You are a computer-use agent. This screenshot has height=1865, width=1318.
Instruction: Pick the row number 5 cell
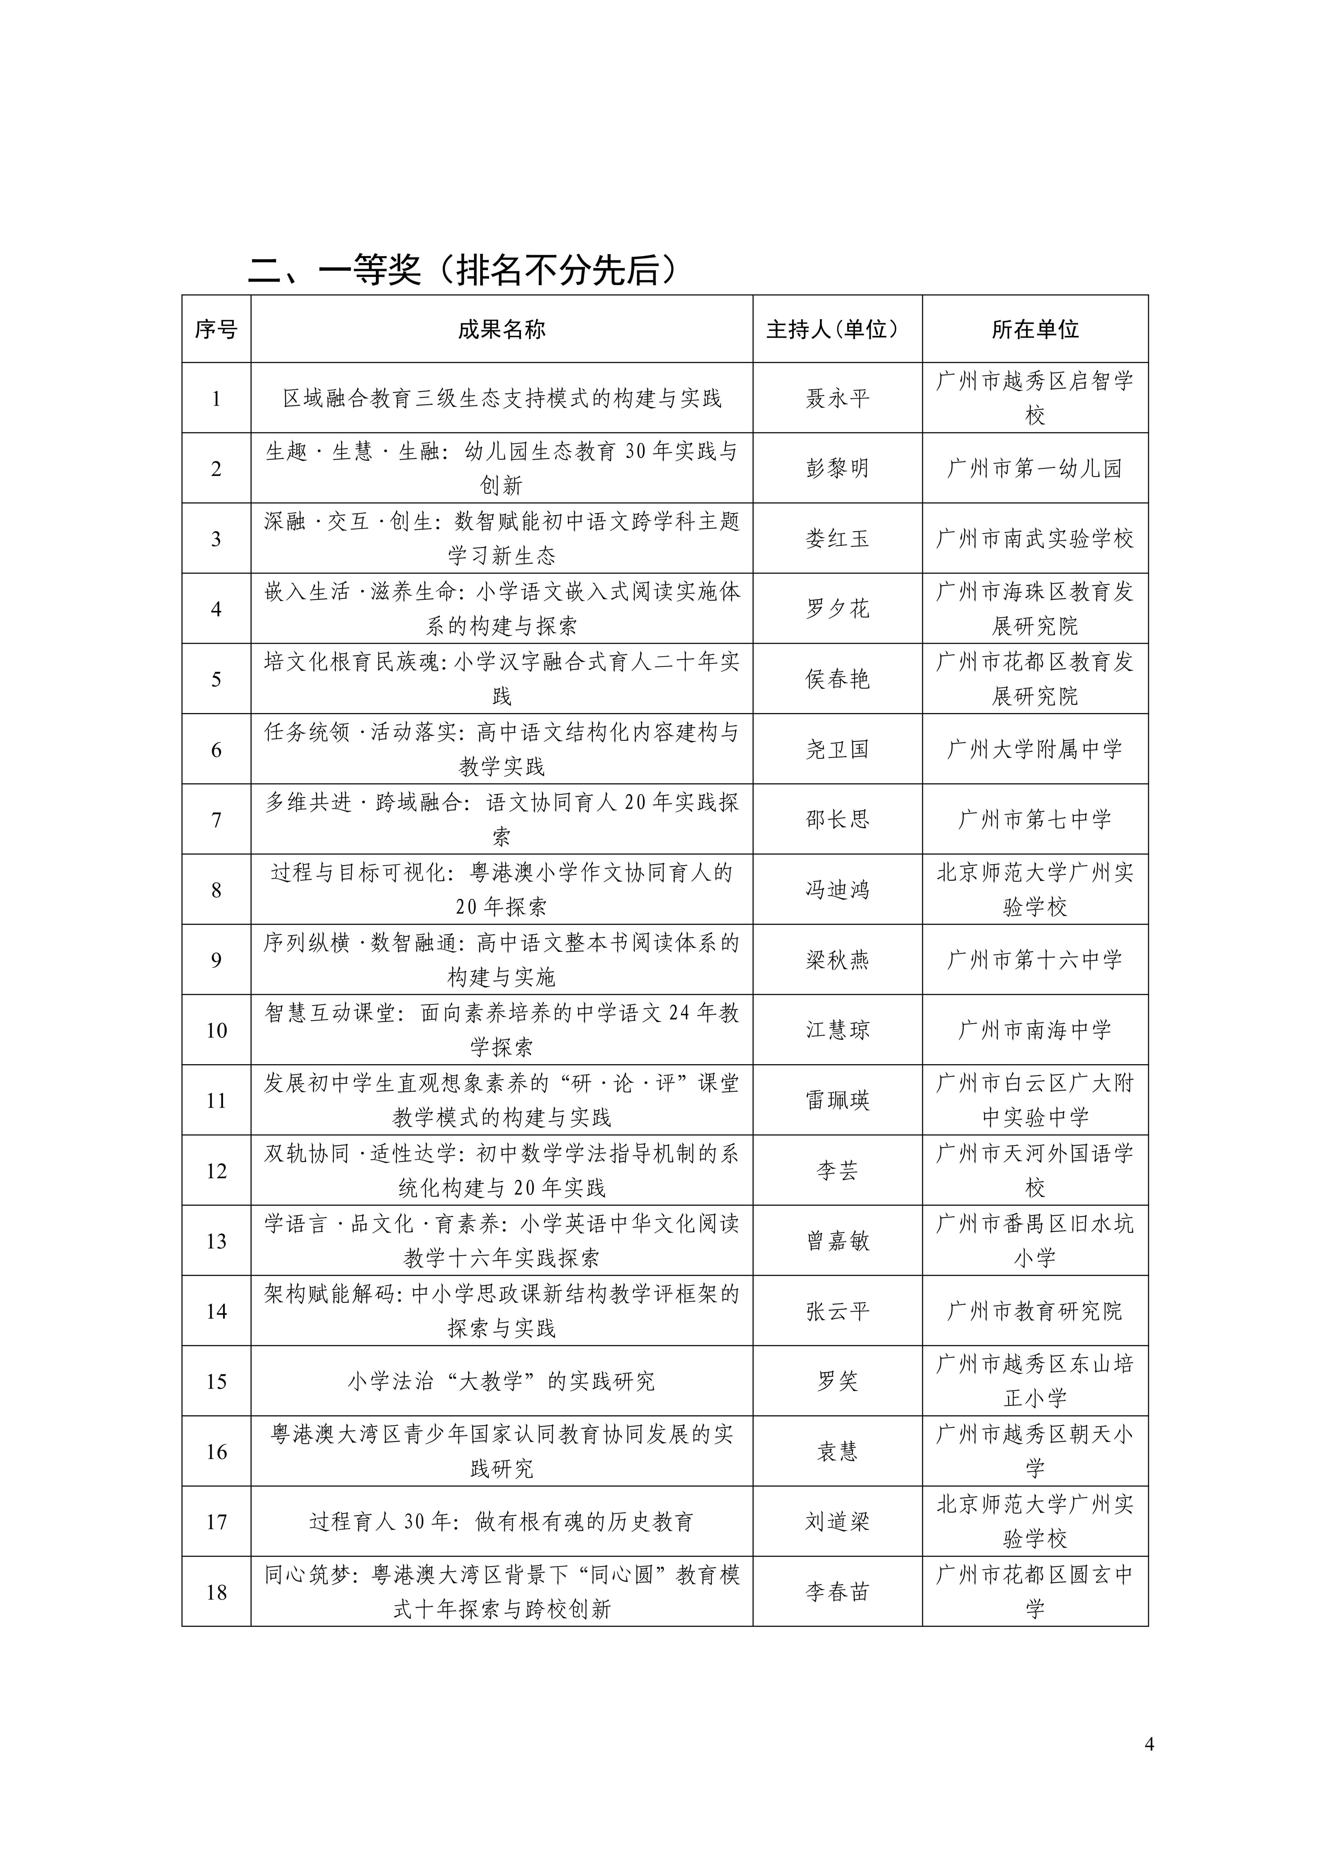[216, 679]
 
